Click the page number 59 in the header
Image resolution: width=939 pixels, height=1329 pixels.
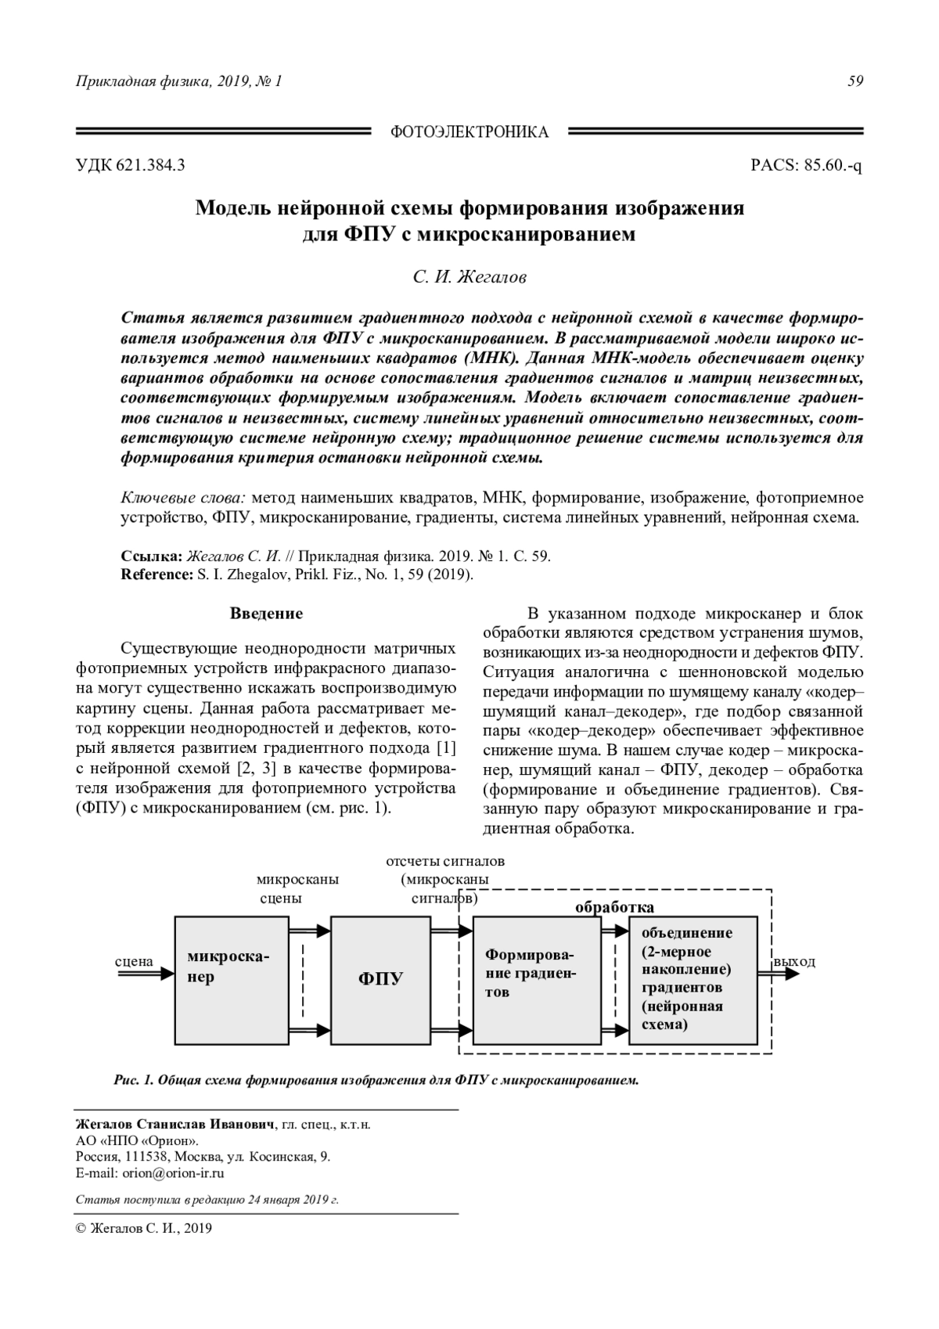click(855, 81)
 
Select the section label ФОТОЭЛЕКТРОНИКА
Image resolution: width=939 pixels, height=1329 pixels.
click(469, 132)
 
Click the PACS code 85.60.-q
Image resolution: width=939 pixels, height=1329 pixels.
click(806, 166)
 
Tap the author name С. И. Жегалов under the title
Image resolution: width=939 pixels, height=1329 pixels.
click(469, 277)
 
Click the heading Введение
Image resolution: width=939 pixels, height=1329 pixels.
click(266, 614)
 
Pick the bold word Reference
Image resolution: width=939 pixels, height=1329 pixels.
click(154, 574)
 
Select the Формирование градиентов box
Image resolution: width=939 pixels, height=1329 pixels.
click(538, 980)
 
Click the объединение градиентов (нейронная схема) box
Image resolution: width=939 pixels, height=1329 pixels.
click(693, 980)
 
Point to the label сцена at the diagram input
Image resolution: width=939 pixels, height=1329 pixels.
click(134, 961)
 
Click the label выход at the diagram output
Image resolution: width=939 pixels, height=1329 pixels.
click(794, 961)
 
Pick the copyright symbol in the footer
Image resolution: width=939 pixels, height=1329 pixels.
click(80, 1229)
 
